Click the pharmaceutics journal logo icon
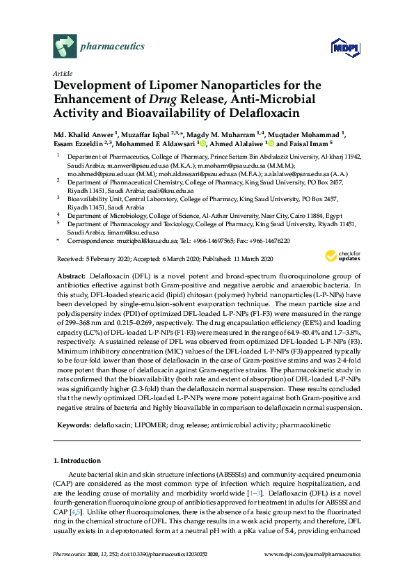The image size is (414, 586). pos(65,47)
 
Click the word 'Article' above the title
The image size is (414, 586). pos(63,73)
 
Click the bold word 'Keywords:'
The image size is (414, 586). pos(74,425)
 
